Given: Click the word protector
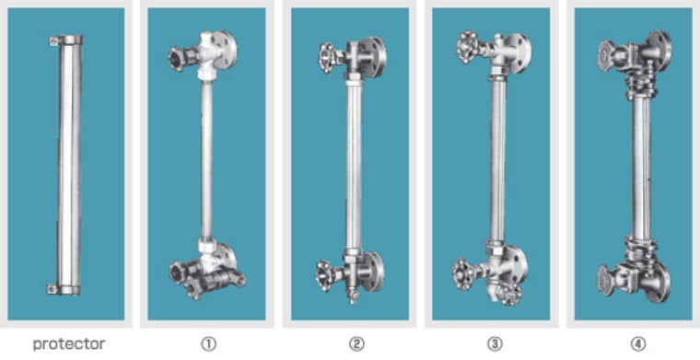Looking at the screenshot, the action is click(x=69, y=344).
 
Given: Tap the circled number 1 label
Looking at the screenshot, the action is click(x=208, y=344).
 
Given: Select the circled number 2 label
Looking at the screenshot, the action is click(x=356, y=344).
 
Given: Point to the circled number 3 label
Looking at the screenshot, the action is click(x=496, y=344).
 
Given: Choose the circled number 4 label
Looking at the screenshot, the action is click(x=638, y=344).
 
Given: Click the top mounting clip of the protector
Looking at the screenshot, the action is click(x=53, y=41).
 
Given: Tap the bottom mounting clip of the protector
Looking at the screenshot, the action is click(x=52, y=289).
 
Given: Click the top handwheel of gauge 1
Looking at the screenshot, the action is click(x=176, y=59).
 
